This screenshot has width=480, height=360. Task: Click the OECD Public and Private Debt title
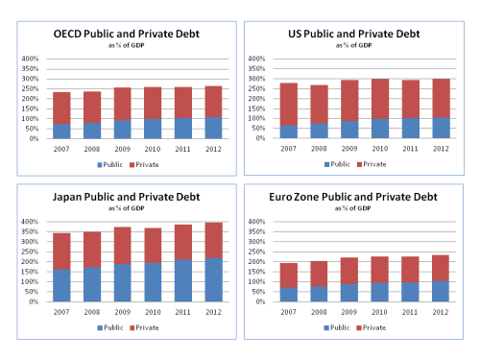tap(120, 35)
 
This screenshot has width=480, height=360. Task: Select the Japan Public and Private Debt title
tap(120, 198)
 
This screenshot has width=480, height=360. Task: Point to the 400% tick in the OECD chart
tap(27, 60)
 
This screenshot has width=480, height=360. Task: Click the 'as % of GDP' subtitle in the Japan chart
tap(120, 208)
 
